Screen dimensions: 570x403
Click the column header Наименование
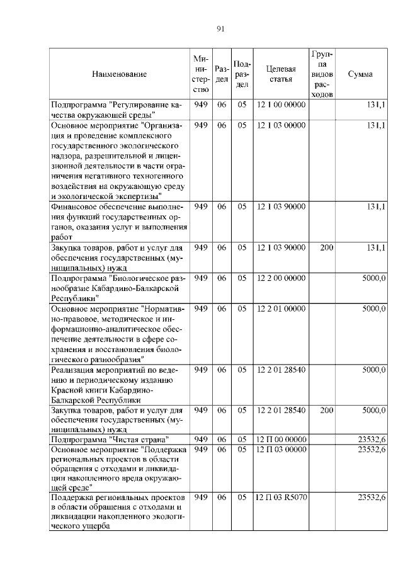[x=119, y=74]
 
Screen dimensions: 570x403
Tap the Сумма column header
[x=360, y=74]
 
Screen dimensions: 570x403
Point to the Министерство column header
[x=201, y=74]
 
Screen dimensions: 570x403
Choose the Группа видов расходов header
[x=322, y=74]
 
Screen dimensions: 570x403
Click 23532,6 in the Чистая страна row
[x=371, y=439]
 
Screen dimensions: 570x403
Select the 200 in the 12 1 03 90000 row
[x=326, y=248]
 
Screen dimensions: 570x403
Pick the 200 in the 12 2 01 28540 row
[x=326, y=410]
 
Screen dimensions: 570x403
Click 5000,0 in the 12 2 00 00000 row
[x=373, y=278]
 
